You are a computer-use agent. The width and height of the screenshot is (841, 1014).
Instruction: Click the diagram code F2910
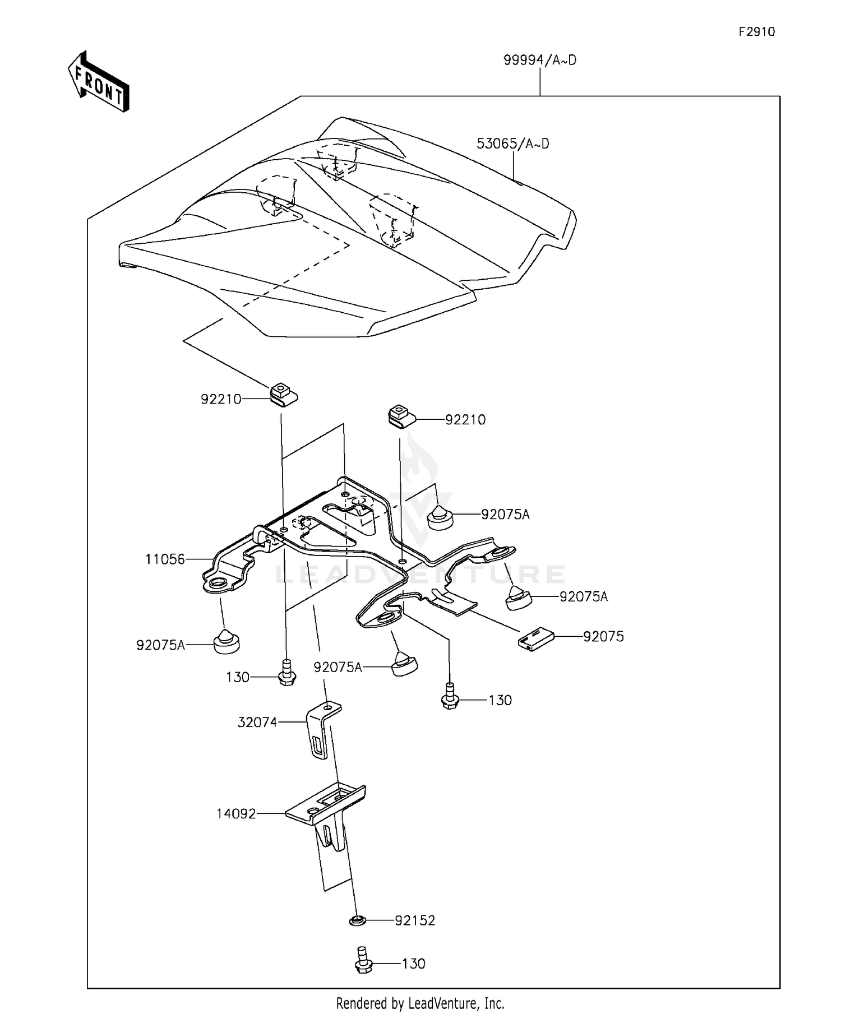756,32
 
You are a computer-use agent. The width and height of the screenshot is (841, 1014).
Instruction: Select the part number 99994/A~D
539,61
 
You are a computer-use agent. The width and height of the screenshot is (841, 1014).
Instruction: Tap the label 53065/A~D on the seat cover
512,144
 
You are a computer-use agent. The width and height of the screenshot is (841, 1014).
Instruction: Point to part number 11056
165,559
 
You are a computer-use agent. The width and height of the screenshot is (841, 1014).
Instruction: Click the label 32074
257,723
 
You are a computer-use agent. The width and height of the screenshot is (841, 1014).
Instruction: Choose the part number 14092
236,813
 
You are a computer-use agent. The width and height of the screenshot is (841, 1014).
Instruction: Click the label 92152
415,921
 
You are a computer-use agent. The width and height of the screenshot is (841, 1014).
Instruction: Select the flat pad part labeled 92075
535,638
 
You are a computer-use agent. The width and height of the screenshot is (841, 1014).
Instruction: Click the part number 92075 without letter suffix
603,637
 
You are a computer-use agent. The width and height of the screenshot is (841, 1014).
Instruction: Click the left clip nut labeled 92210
284,394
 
